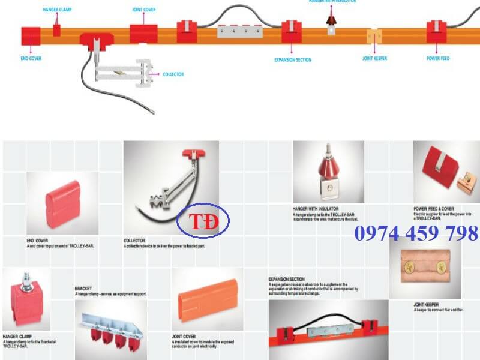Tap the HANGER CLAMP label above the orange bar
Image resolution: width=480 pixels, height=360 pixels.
57,10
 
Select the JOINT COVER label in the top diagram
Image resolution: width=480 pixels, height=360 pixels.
143,10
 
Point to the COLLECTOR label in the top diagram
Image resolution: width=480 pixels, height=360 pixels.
173,74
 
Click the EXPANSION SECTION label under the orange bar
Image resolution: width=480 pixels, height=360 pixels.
292,60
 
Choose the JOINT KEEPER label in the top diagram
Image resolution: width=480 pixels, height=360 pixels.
374,59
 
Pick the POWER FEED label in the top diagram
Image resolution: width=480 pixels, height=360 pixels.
437,58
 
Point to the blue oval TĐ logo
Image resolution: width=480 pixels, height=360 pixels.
203,222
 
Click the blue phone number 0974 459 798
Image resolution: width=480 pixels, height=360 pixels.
416,233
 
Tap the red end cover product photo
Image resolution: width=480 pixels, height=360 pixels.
62,203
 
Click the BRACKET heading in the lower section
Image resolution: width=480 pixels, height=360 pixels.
83,288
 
